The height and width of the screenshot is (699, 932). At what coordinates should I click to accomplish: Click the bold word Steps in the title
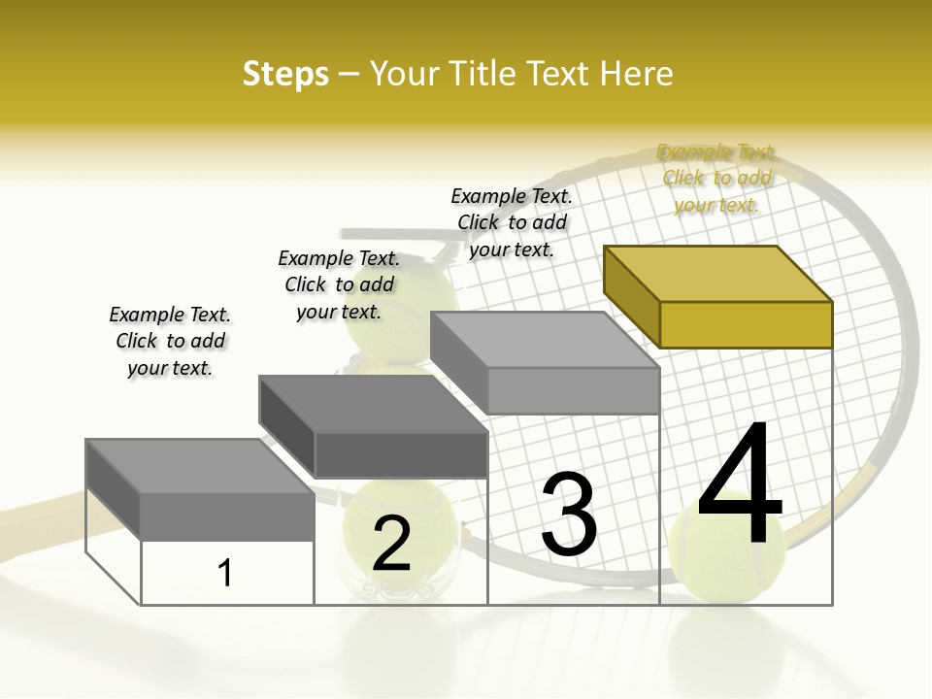click(x=285, y=74)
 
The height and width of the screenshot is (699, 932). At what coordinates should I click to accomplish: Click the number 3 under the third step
click(x=569, y=515)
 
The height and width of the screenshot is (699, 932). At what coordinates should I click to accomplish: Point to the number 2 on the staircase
click(x=391, y=544)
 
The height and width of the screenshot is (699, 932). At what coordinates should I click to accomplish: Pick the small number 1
click(x=225, y=573)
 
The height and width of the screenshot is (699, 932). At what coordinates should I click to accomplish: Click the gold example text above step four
click(x=716, y=179)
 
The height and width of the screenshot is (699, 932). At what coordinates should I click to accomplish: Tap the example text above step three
click(x=512, y=222)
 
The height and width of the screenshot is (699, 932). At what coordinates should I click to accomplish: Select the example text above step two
click(x=339, y=284)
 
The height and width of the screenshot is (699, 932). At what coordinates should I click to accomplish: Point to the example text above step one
click(x=170, y=341)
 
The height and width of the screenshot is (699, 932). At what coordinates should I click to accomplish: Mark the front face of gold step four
click(x=746, y=324)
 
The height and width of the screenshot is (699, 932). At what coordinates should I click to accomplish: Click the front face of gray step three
click(x=573, y=390)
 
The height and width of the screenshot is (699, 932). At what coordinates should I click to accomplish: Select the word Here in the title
click(x=637, y=74)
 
